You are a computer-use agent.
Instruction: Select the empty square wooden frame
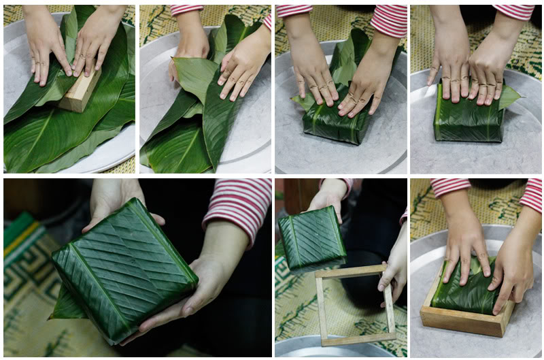tap(354, 304)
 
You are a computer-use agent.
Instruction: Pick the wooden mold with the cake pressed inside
tap(466, 306)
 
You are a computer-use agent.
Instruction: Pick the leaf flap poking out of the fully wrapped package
tap(510, 95)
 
